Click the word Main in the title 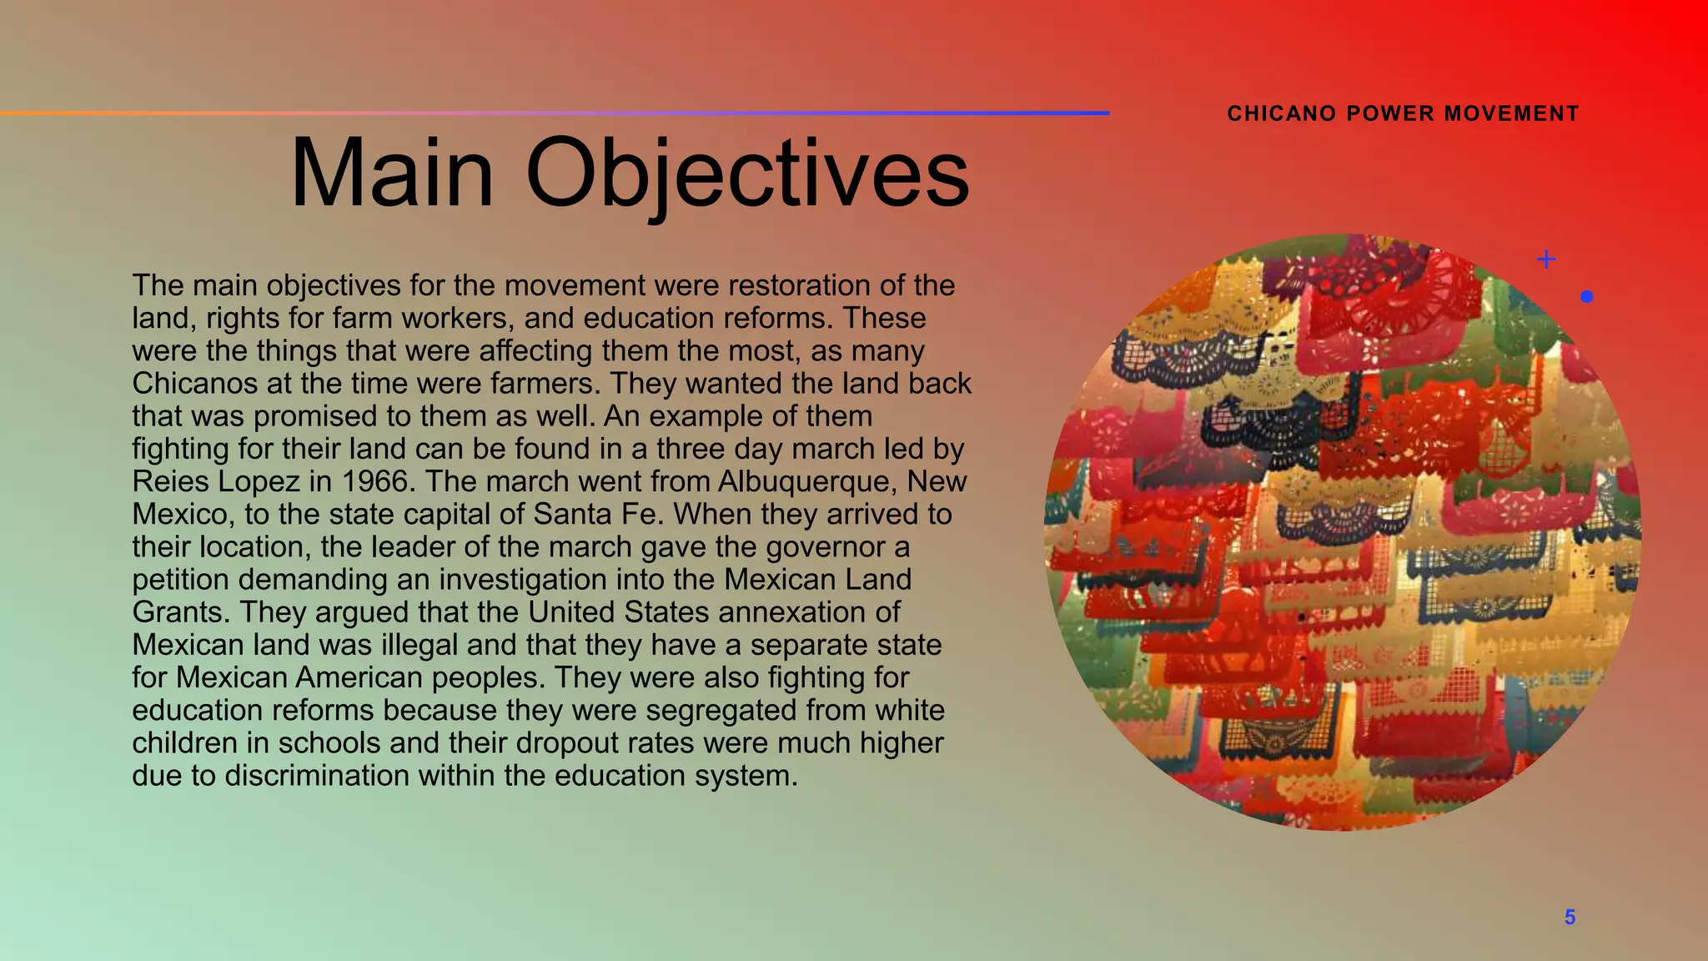pyautogui.click(x=392, y=174)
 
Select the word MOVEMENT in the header pyautogui.click(x=1512, y=113)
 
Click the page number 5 pyautogui.click(x=1570, y=918)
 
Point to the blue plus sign pyautogui.click(x=1546, y=259)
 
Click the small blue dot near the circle pyautogui.click(x=1586, y=296)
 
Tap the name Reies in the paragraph pyautogui.click(x=169, y=481)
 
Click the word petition pyautogui.click(x=180, y=580)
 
